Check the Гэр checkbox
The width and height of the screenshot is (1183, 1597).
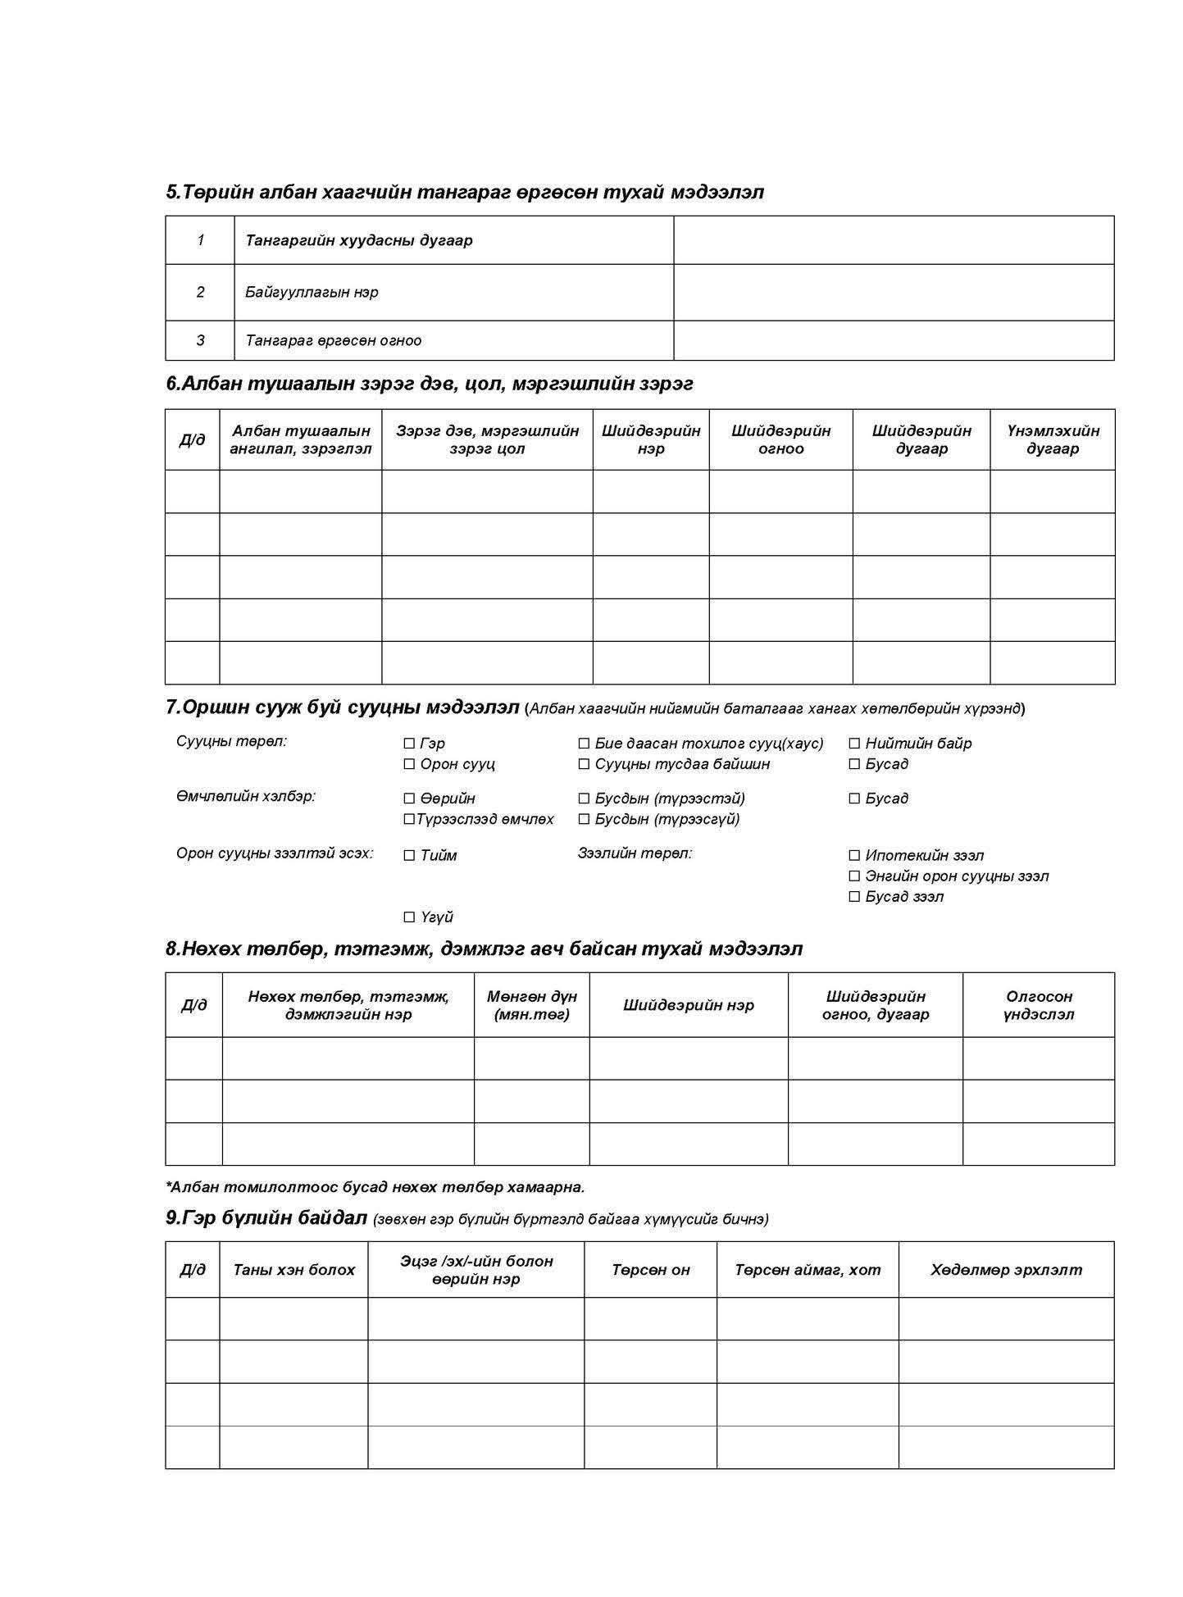pos(409,744)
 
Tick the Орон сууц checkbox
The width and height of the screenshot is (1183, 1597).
pos(409,764)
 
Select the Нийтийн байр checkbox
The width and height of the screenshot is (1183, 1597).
pos(854,744)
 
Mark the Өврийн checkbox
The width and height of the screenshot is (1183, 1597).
pos(409,798)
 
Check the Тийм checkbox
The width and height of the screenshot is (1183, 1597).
pos(409,856)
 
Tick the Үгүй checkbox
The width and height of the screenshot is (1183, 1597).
pos(409,917)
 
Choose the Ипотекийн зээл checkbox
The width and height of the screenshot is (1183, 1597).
pos(854,856)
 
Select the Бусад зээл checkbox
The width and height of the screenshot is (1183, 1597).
pos(854,897)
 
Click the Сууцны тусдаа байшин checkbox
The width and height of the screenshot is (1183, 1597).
pos(584,764)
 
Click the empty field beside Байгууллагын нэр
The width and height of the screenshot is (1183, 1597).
pos(893,292)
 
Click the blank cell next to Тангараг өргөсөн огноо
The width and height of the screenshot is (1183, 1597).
pos(893,340)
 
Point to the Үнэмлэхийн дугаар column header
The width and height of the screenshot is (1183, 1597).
pos(1052,439)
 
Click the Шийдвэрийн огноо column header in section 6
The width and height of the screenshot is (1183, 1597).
pos(780,439)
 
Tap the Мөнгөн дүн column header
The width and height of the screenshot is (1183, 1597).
pos(531,1005)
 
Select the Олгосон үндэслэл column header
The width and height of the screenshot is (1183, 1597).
pos(1038,1005)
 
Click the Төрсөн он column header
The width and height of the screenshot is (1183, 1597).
pos(650,1270)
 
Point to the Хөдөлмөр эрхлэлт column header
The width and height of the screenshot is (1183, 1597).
pos(1005,1270)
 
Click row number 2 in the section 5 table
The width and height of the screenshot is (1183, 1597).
pos(200,292)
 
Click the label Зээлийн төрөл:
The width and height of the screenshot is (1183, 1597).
pos(635,853)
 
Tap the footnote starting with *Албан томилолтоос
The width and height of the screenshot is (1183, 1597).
pos(375,1186)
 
